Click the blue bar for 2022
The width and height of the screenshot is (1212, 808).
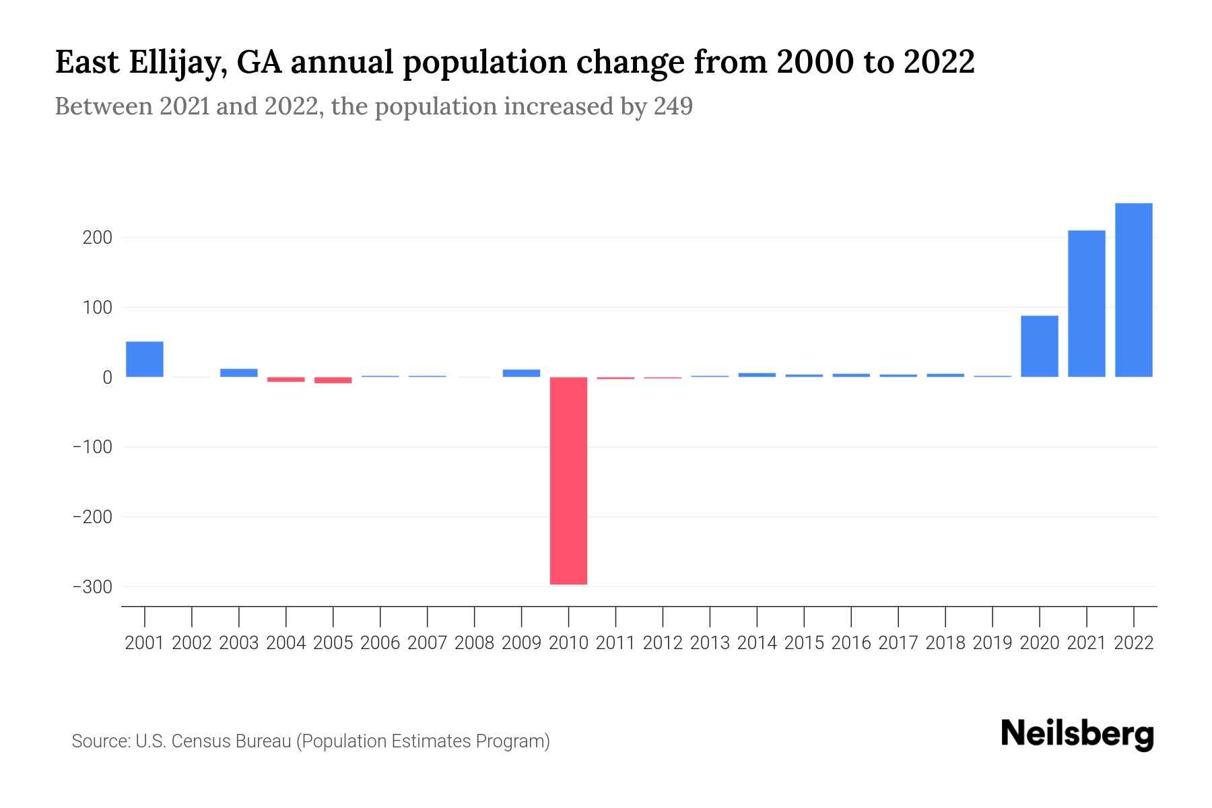point(1133,290)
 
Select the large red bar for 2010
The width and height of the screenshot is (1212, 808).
point(568,480)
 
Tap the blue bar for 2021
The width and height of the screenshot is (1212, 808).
point(1086,304)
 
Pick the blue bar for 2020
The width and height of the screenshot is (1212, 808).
point(1039,346)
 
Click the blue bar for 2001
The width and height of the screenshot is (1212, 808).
point(145,359)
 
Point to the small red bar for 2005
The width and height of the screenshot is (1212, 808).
point(333,380)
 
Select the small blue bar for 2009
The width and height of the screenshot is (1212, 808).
point(521,373)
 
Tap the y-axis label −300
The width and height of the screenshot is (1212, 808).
point(92,587)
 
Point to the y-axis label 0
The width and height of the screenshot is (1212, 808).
point(107,378)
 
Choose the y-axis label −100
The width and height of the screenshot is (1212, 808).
point(92,447)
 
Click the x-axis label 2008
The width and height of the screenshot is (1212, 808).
point(474,643)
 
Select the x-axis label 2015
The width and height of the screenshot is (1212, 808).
point(804,643)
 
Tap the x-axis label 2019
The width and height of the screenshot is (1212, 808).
point(992,643)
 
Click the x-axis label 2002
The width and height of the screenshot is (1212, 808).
point(192,643)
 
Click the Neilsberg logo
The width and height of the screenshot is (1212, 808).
point(1077,734)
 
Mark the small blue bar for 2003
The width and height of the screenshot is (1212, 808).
point(239,372)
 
